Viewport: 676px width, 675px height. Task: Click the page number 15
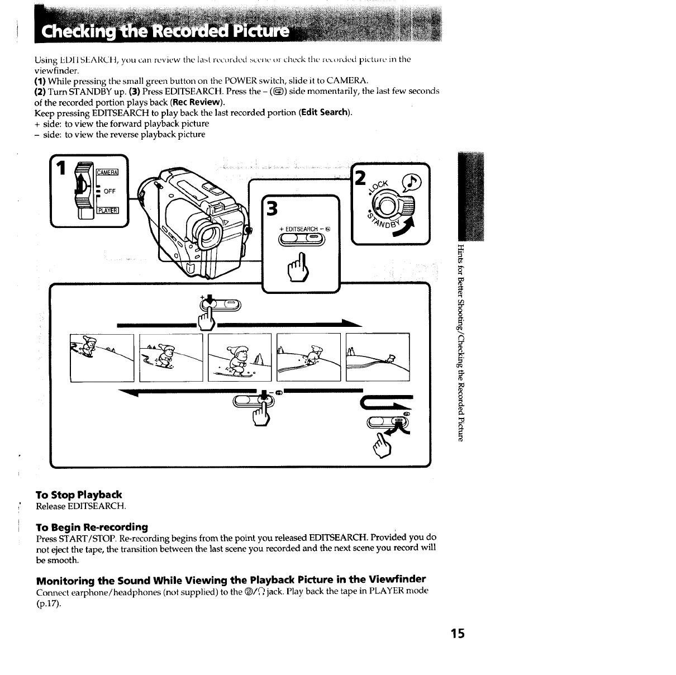(x=458, y=633)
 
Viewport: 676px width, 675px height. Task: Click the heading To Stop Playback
(x=79, y=495)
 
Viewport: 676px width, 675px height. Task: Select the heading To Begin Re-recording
(x=92, y=527)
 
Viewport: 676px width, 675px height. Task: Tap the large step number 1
(x=63, y=169)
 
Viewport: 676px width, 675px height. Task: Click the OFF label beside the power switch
(x=110, y=191)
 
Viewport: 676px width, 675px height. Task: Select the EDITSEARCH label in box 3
(x=302, y=229)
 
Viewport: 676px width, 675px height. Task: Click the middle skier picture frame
(x=239, y=358)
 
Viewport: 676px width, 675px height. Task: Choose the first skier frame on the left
(x=102, y=358)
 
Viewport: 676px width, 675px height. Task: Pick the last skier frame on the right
(x=378, y=358)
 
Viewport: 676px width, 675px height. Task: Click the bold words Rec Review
(x=198, y=102)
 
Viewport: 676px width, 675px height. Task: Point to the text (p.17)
(x=47, y=602)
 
